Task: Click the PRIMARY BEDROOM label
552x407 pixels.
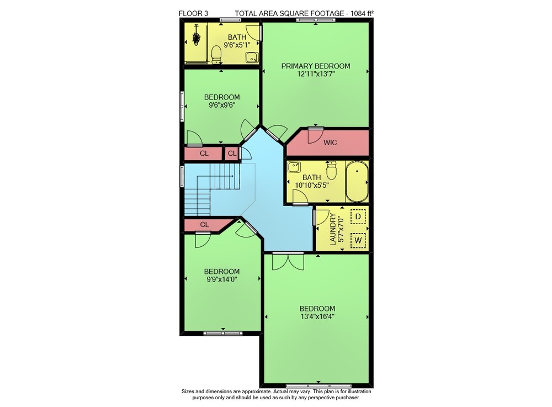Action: pos(315,66)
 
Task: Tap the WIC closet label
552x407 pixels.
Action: pos(330,142)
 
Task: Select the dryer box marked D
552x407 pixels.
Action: pos(358,216)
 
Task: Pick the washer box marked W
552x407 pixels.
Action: pos(358,241)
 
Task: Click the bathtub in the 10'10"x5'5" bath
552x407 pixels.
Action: pos(357,181)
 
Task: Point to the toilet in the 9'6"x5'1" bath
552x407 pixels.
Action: pos(216,55)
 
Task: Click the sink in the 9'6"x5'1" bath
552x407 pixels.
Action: pos(252,57)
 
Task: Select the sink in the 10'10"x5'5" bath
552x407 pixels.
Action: pos(294,167)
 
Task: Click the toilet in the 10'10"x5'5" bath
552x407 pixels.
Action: pos(331,171)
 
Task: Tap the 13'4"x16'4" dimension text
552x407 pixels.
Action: pos(317,316)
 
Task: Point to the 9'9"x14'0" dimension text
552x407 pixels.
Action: pos(222,279)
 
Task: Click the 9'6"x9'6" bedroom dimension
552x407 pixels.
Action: pos(222,105)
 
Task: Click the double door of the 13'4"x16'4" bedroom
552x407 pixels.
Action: pos(288,261)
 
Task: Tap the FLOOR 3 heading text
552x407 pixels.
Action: pos(194,13)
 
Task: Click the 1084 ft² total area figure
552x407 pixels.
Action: pos(362,13)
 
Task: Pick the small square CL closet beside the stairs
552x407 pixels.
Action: pos(232,154)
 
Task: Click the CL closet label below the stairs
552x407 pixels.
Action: pos(205,224)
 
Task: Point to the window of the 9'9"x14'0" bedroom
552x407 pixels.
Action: pos(223,332)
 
